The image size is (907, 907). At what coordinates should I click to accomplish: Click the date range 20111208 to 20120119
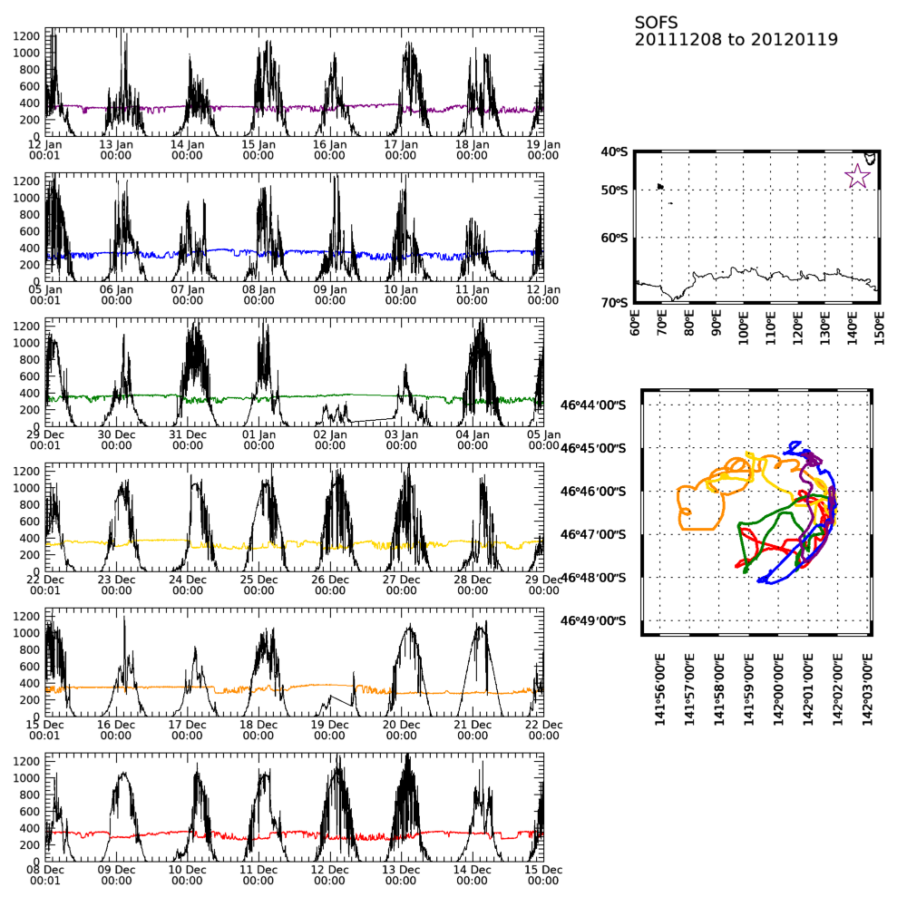(736, 40)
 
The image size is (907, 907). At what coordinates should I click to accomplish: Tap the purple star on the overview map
(857, 176)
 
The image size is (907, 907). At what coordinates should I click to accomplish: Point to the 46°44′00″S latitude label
(594, 405)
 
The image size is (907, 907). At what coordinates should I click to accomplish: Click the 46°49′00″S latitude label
(594, 621)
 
